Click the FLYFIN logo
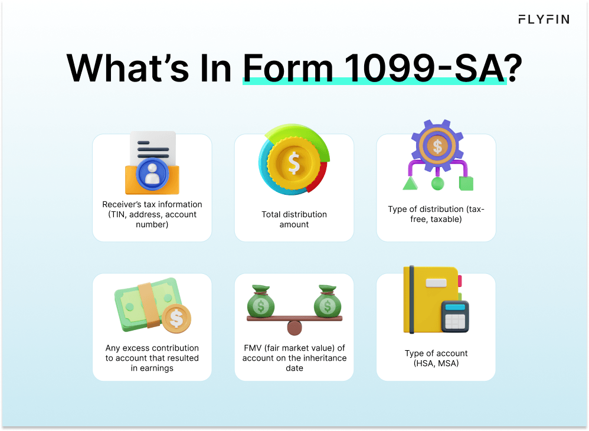pyautogui.click(x=544, y=19)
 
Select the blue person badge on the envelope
pyautogui.click(x=152, y=174)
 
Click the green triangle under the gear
pyautogui.click(x=410, y=183)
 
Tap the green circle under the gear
pyautogui.click(x=437, y=184)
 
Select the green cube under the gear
pyautogui.click(x=466, y=183)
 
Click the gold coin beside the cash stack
pyautogui.click(x=176, y=318)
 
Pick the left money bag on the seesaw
pyautogui.click(x=263, y=302)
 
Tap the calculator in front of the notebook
pyautogui.click(x=454, y=317)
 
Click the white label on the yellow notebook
pyautogui.click(x=436, y=283)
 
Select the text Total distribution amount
pyautogui.click(x=294, y=219)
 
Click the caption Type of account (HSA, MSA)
pyautogui.click(x=436, y=358)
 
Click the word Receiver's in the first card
pyautogui.click(x=125, y=204)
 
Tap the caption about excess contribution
pyautogui.click(x=152, y=358)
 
